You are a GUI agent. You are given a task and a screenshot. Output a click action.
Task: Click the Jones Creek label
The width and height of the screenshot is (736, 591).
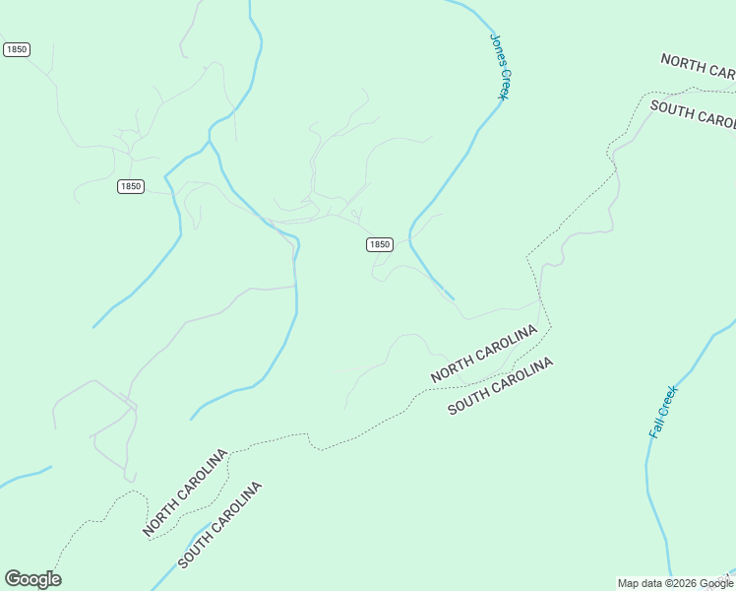[x=500, y=67]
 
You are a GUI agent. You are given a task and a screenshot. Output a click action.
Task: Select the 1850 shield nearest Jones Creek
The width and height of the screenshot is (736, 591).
[x=380, y=244]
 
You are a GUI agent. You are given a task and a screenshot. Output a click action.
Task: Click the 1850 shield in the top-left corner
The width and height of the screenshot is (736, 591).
[x=16, y=49]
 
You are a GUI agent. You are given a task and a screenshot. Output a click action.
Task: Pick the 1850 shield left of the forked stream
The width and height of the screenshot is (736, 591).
[x=131, y=186]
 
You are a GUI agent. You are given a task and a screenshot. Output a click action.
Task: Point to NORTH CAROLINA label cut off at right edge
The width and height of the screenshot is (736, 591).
[x=698, y=66]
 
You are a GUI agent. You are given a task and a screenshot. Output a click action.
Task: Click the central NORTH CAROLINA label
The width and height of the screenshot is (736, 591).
[x=484, y=354]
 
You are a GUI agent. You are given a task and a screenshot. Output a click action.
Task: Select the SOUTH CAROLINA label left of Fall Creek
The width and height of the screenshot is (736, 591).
[x=501, y=386]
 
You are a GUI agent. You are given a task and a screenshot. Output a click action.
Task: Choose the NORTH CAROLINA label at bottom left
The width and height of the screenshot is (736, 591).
[x=186, y=492]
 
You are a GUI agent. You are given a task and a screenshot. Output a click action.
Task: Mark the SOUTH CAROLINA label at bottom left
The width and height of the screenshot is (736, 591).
[x=220, y=525]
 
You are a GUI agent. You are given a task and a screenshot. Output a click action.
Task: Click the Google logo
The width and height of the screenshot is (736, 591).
[x=32, y=579]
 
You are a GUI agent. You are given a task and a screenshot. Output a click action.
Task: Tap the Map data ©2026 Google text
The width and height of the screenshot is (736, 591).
[x=675, y=583]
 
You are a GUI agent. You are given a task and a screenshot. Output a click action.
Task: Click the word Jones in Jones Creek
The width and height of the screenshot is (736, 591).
[x=496, y=48]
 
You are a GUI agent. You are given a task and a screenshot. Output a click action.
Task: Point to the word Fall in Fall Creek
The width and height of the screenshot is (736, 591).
[x=655, y=427]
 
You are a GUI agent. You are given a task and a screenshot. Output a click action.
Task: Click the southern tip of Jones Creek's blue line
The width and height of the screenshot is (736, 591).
[x=454, y=298]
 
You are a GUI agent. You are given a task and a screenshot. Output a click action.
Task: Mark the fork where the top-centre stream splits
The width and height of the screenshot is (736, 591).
[x=211, y=144]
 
